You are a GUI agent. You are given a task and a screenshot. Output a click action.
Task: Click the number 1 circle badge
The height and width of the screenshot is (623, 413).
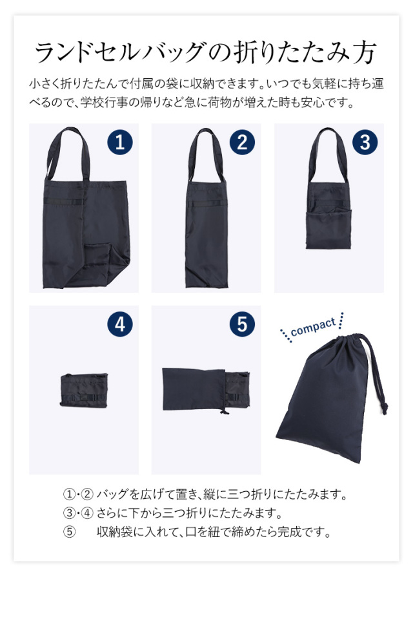coord(119,142)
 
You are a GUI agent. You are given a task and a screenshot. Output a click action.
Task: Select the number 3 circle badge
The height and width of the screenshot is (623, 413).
coord(365,142)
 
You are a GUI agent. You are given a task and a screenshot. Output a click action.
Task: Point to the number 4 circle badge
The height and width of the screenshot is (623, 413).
coord(119,324)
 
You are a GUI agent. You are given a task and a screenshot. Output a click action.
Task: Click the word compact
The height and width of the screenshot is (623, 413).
coord(313,327)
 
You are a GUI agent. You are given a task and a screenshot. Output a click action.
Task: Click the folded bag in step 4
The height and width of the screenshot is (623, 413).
coord(82,390)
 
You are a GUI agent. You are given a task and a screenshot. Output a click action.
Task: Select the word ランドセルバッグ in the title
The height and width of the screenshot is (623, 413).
coord(123,52)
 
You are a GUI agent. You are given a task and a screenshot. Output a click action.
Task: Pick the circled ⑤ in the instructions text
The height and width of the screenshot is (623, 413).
coord(69,533)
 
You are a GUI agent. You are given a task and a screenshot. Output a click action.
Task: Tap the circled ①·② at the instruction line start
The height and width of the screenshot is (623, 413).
coord(78,496)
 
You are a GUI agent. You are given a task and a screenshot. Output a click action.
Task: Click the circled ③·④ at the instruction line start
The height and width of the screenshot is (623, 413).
coord(78,514)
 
